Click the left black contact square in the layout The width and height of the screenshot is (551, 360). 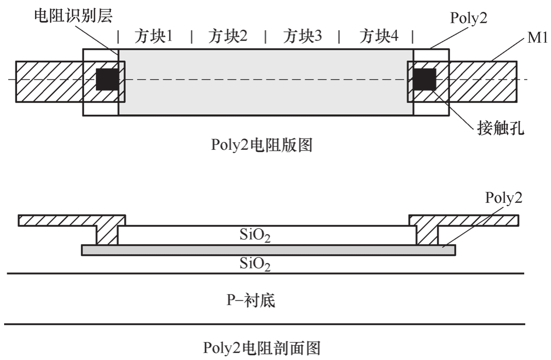pos(107,79)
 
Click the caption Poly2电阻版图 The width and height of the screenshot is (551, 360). pos(262,146)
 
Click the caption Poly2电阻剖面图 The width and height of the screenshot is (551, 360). pos(268,348)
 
